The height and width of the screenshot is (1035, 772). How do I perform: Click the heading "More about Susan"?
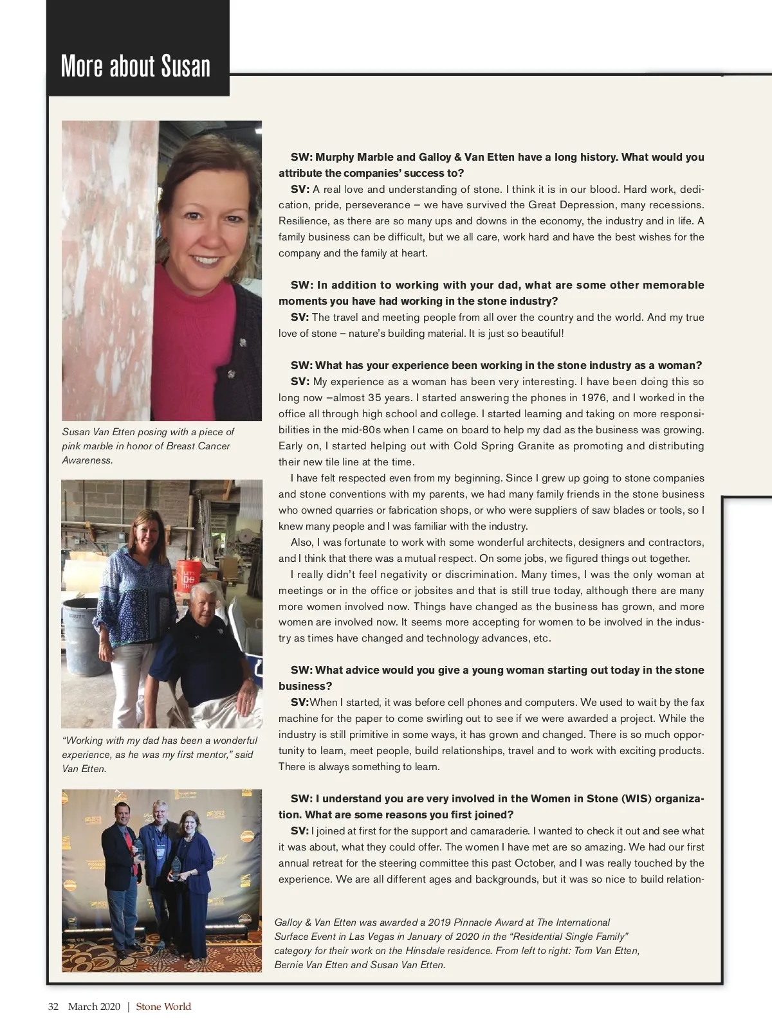click(x=136, y=66)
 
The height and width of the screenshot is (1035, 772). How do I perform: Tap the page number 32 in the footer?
click(x=53, y=1007)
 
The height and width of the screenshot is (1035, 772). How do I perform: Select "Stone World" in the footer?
click(x=163, y=1007)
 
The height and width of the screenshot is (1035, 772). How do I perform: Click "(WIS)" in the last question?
click(x=638, y=799)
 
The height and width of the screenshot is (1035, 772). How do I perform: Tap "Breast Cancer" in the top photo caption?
click(x=198, y=446)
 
